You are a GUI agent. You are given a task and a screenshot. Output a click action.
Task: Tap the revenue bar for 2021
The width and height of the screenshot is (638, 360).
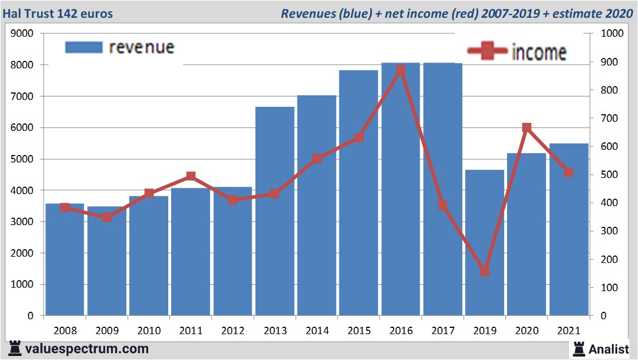[x=569, y=230]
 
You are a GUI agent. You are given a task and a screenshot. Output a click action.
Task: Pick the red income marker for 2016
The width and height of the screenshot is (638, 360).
[x=400, y=71]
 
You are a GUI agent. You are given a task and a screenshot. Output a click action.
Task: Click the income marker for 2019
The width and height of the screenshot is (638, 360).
[x=485, y=271]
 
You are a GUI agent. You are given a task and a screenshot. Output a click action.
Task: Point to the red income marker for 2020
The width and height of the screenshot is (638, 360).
[x=527, y=127]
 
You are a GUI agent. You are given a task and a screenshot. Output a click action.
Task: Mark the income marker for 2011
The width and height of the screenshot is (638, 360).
[x=191, y=176]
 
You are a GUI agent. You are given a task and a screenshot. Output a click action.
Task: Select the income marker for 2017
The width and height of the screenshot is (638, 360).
[x=442, y=205]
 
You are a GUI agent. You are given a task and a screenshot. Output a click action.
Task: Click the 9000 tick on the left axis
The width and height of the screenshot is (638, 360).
[x=22, y=34]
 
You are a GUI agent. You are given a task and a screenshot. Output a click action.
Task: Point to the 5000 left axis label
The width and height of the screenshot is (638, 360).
[x=22, y=159]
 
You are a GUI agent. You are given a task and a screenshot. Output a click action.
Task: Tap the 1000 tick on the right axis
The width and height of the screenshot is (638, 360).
[x=612, y=34]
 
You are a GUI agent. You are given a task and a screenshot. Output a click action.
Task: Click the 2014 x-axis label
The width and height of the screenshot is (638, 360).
[x=317, y=331]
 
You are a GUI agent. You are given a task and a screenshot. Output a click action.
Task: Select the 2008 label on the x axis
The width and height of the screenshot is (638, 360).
[x=65, y=331]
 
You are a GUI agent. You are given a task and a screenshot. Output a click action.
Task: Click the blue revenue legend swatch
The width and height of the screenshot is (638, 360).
[x=83, y=47]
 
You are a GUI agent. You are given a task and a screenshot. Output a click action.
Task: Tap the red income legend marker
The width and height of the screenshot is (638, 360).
[x=487, y=52]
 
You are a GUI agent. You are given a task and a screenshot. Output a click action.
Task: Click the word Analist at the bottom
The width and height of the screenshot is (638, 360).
[x=609, y=349]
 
